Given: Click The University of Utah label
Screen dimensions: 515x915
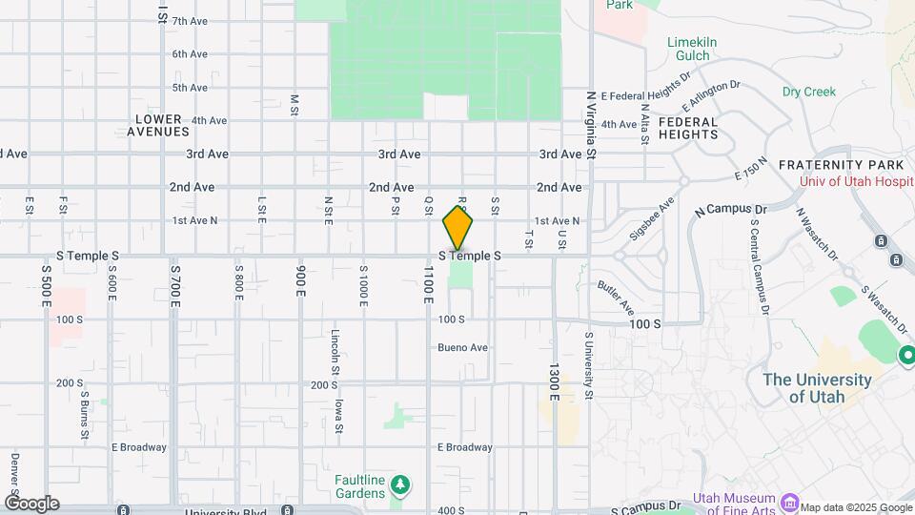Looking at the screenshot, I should point(817,388).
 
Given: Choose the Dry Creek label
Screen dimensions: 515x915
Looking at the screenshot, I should point(808,92).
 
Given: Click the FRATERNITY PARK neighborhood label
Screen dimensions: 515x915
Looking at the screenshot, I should point(838,165).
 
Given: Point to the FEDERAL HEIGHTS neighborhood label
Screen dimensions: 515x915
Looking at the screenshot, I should point(688,128).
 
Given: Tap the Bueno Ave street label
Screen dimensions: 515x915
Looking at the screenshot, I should point(462,347).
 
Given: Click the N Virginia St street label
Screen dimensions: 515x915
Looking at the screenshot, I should point(591,125).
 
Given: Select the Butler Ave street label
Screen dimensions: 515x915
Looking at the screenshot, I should point(616,298).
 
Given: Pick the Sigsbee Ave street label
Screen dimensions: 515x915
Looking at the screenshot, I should point(653,218).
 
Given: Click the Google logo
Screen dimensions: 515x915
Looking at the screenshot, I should point(31,504).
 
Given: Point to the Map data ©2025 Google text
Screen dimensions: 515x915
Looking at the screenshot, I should point(856,506).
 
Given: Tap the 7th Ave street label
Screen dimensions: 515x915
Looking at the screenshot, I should point(190,21).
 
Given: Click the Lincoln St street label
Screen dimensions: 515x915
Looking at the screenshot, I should point(335,351).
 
